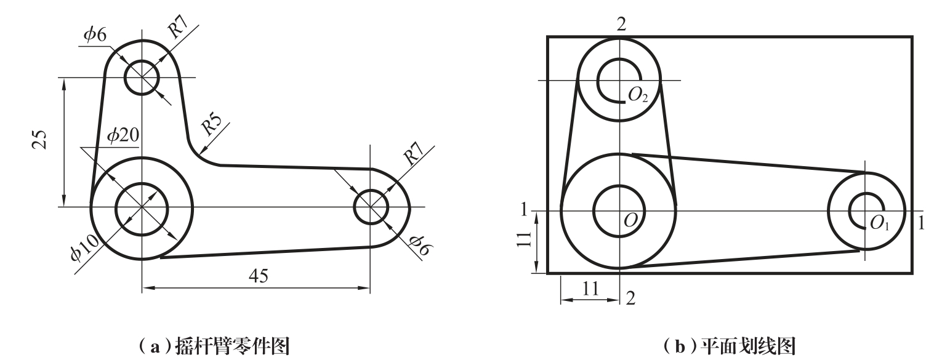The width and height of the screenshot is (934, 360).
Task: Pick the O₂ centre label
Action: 637,94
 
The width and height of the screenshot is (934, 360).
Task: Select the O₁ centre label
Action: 879,222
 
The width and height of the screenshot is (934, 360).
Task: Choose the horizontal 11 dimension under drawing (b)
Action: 589,289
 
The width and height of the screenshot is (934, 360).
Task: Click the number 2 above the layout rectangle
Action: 621,24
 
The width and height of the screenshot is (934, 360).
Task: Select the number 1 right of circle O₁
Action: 921,222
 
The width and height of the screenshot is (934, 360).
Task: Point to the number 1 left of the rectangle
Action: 524,210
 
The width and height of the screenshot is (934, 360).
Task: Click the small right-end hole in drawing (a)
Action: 371,207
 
